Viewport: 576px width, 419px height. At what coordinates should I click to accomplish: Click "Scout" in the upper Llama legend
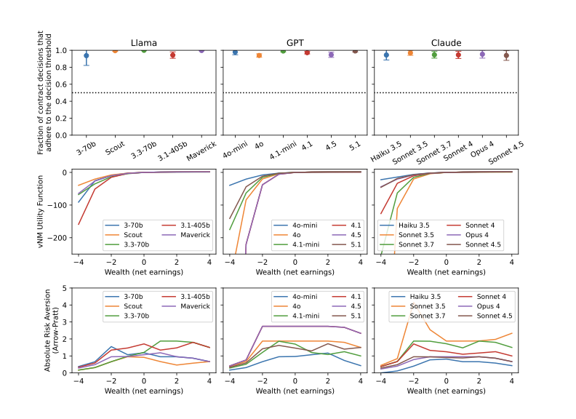pyautogui.click(x=133, y=235)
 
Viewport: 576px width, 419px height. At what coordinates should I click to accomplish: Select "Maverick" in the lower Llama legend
pyautogui.click(x=195, y=306)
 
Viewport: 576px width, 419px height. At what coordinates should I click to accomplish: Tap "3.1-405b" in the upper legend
pyautogui.click(x=195, y=226)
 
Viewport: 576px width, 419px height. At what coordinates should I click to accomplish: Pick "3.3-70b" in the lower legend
pyautogui.click(x=136, y=316)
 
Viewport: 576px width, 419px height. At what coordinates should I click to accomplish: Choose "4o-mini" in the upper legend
pyautogui.click(x=305, y=226)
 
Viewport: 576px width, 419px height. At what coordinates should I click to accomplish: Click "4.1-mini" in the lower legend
pyautogui.click(x=305, y=316)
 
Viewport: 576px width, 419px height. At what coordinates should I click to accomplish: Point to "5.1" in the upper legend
pyautogui.click(x=356, y=244)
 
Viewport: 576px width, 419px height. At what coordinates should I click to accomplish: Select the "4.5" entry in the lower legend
pyautogui.click(x=356, y=306)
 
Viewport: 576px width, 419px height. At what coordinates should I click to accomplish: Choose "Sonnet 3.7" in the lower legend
pyautogui.click(x=427, y=316)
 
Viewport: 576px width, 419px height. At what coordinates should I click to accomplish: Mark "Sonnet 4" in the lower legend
pyautogui.click(x=491, y=297)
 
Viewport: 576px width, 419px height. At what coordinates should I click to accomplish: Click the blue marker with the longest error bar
pyautogui.click(x=87, y=56)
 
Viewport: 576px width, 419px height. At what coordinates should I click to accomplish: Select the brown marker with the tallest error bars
pyautogui.click(x=506, y=55)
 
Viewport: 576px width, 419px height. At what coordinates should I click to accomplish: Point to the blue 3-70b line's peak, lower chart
pyautogui.click(x=111, y=346)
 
